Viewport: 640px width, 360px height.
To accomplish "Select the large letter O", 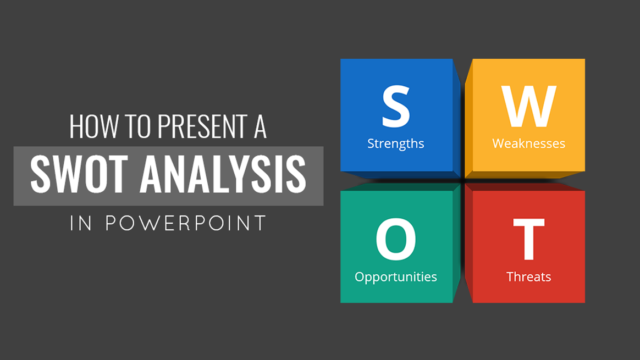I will pos(396,238).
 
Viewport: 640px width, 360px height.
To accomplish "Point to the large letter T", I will pos(528,238).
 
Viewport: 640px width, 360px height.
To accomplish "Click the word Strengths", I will pos(396,143).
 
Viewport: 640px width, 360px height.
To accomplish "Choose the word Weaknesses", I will pos(528,143).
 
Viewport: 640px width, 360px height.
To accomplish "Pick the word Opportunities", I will pos(396,276).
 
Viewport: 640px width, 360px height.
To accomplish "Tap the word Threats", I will pos(528,276).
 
